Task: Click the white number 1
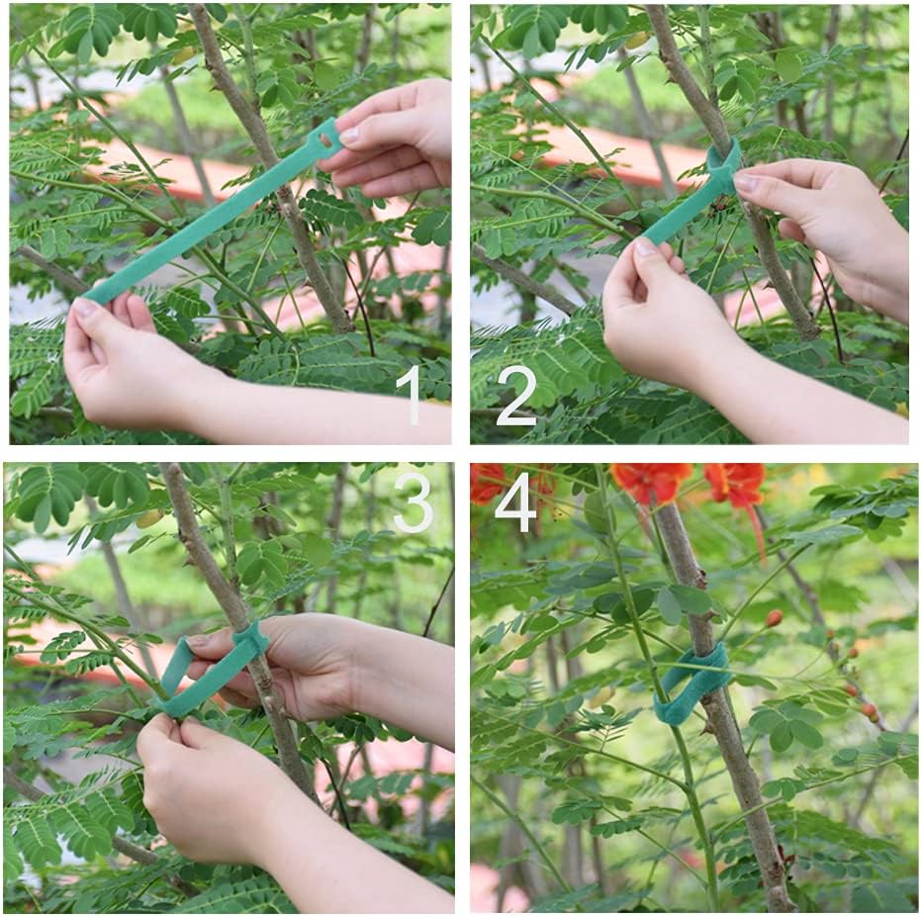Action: click(x=409, y=395)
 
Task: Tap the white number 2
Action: click(x=515, y=395)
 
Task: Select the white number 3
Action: click(x=413, y=503)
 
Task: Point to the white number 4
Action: click(x=515, y=503)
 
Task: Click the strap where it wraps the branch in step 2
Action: click(x=723, y=168)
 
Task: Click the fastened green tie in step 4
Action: click(x=692, y=683)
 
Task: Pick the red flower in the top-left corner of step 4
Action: click(x=487, y=483)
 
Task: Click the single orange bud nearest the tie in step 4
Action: click(x=774, y=618)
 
